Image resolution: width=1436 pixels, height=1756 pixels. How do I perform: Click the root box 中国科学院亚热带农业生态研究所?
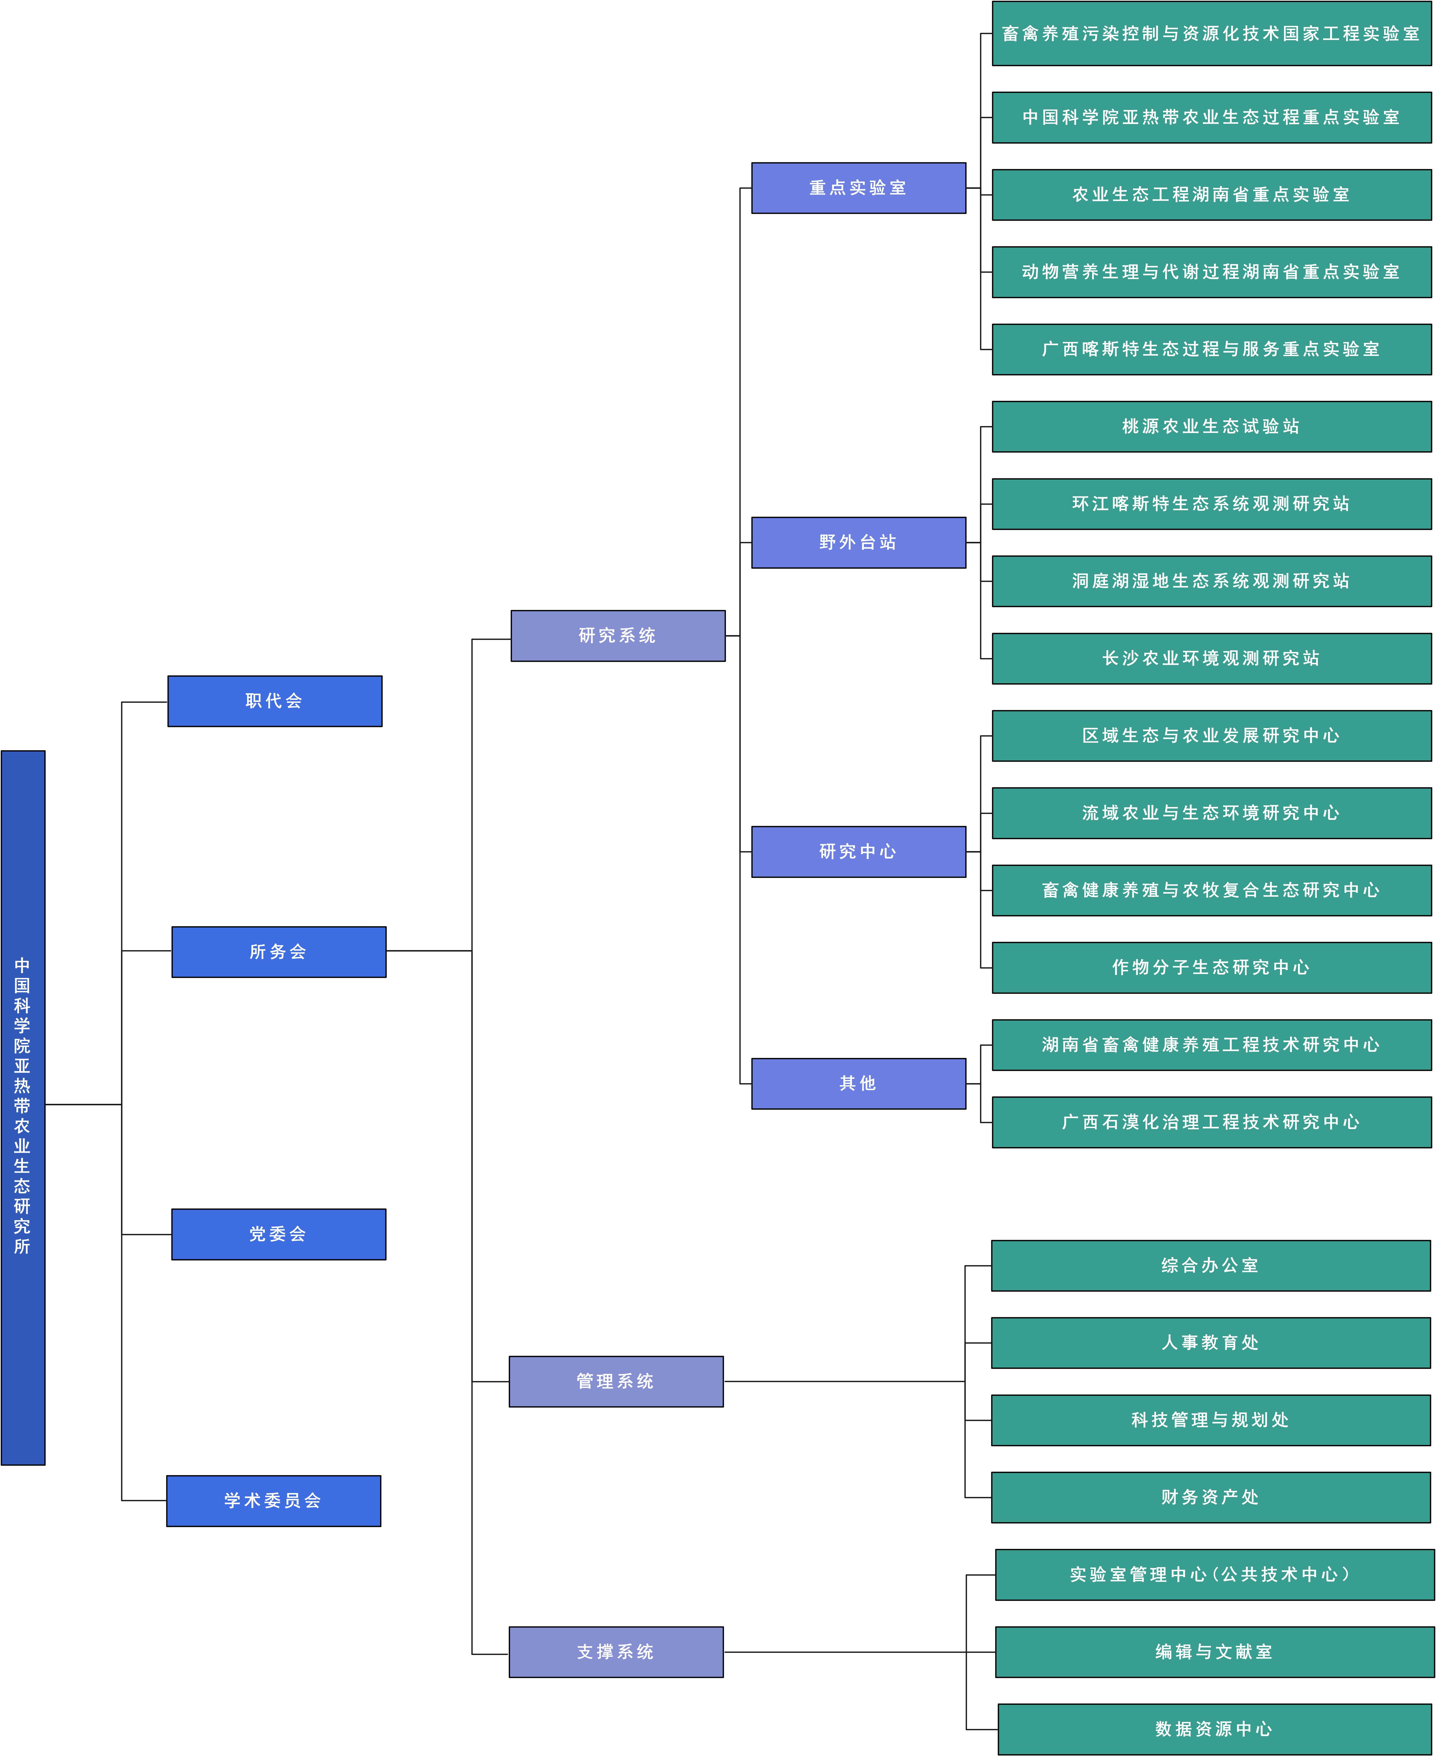tap(23, 1107)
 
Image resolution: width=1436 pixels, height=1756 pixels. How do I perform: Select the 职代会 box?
tap(275, 701)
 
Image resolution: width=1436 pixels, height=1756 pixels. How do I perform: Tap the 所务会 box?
tap(279, 952)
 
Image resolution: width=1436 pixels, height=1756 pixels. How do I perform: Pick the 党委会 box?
tap(279, 1234)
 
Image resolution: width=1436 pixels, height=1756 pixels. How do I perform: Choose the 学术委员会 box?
tap(274, 1500)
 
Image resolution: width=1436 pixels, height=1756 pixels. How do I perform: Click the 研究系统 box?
tap(618, 636)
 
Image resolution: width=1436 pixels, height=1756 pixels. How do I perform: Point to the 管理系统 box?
tap(616, 1381)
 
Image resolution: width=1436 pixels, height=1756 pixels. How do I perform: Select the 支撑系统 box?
tap(616, 1652)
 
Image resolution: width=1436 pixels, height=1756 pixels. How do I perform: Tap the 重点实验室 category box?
tap(859, 188)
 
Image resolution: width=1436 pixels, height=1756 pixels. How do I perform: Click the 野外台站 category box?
tap(859, 542)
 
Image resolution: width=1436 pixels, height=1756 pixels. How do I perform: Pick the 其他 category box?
tap(859, 1083)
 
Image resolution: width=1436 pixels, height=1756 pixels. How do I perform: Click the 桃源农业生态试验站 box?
tap(1212, 426)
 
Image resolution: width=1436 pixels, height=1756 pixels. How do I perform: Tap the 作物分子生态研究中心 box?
tap(1212, 967)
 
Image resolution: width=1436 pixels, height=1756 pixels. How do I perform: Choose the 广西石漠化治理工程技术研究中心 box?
tap(1212, 1122)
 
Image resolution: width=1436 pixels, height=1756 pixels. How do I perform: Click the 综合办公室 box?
tap(1211, 1265)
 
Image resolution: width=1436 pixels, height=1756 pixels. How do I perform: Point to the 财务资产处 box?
tap(1211, 1497)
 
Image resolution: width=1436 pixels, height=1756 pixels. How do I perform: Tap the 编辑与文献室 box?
tap(1214, 1652)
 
